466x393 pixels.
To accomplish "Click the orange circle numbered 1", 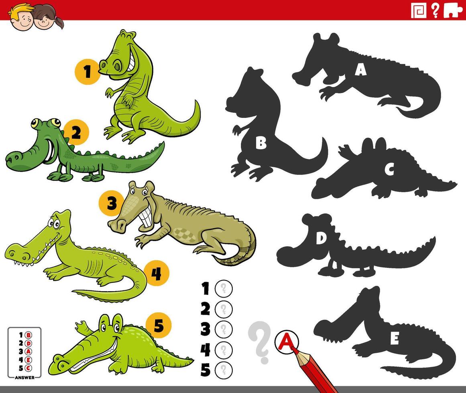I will pos(87,72).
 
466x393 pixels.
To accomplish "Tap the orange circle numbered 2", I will pos(76,132).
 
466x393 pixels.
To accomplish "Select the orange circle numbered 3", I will pos(111,204).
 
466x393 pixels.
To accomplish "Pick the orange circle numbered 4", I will pos(156,273).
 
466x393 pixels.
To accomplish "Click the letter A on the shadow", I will pos(360,70).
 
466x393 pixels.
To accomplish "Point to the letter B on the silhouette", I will pos(261,143).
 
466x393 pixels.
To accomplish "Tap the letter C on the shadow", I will pos(389,170).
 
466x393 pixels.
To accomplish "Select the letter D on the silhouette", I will pos(320,239).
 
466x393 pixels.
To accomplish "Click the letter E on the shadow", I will pos(394,339).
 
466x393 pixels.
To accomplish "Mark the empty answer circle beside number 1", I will pos(224,288).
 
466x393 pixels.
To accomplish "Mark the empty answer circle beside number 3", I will pos(224,330).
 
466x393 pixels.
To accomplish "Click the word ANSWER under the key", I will pos(24,377).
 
